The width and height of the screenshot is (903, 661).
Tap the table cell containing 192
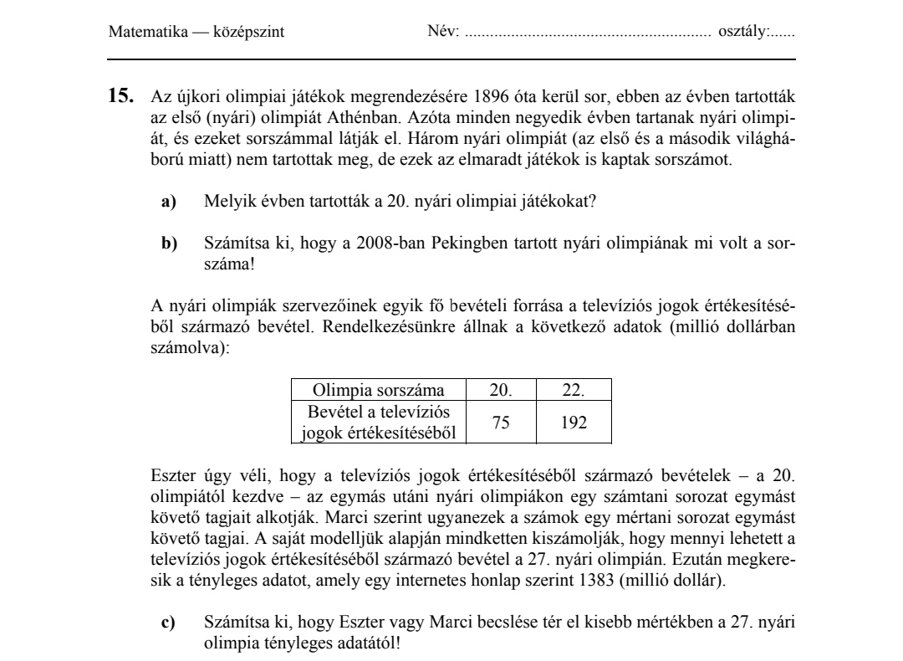[573, 423]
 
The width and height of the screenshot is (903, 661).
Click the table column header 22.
[573, 390]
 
